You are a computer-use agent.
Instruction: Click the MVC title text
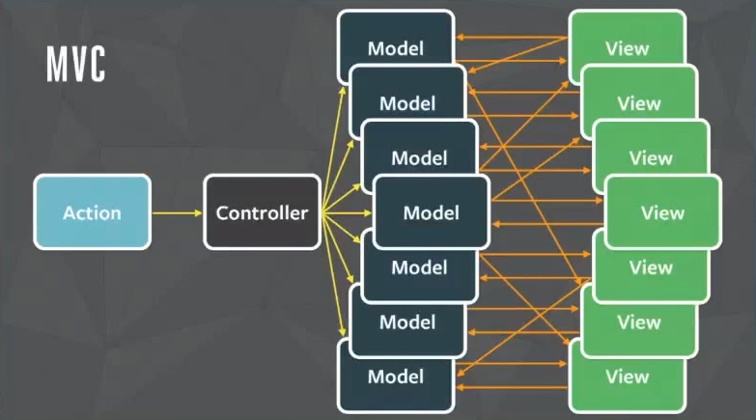coord(75,64)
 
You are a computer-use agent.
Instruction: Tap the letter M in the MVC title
coord(56,64)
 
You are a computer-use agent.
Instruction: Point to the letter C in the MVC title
coord(97,64)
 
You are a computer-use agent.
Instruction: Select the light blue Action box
coord(92,212)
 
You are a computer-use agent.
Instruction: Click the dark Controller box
coord(263,212)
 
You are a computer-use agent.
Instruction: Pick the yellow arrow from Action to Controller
coord(177,212)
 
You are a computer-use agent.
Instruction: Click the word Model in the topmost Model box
coord(396,48)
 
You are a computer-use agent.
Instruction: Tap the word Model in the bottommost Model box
coord(396,377)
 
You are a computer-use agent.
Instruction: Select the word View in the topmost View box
coord(628,48)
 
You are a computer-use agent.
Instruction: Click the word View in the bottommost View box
coord(628,377)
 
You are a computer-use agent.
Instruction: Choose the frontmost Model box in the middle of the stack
coord(432,212)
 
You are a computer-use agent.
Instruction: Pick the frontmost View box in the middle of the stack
coord(663,212)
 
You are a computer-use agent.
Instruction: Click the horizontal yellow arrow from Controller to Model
coord(348,212)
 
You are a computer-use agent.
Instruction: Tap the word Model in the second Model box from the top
coord(407,103)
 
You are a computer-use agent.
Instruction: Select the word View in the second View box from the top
coord(639,103)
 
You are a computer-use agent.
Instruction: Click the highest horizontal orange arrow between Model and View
coord(512,37)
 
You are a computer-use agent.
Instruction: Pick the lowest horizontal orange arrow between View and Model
coord(512,387)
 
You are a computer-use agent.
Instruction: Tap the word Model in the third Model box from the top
coord(419,157)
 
